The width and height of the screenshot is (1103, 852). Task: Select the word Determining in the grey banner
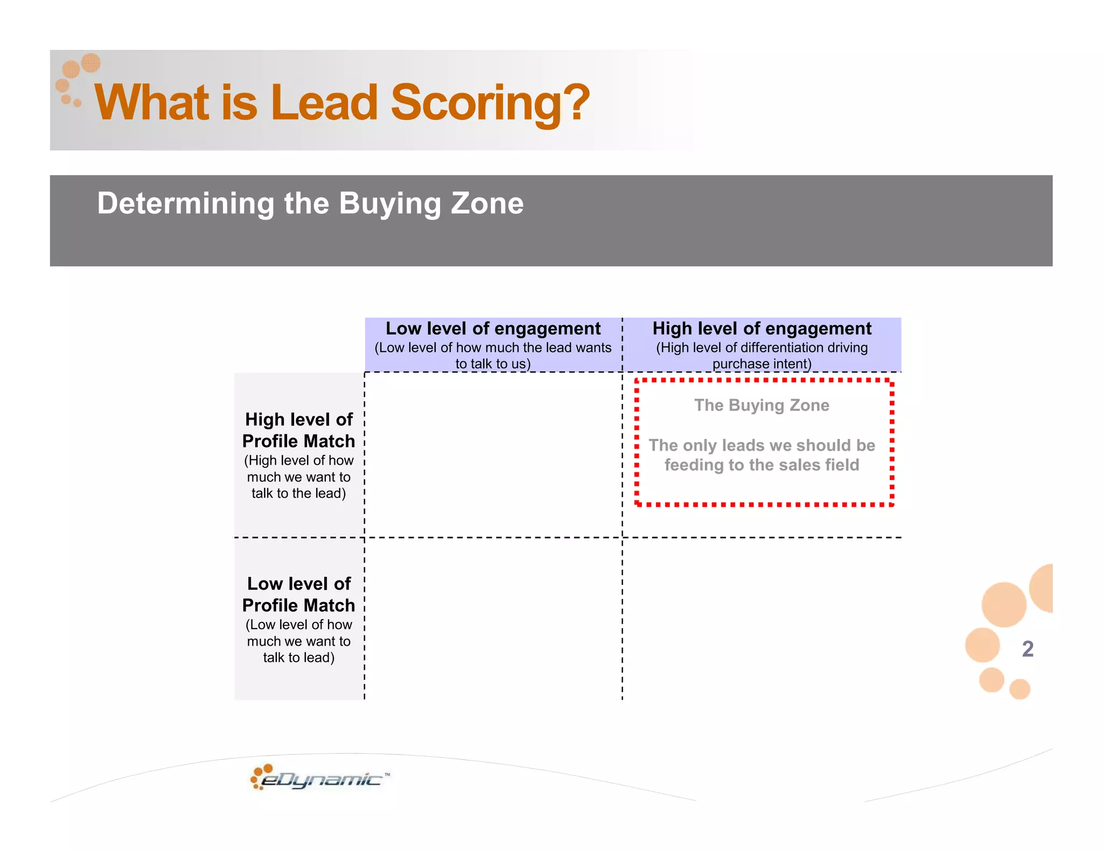pyautogui.click(x=186, y=204)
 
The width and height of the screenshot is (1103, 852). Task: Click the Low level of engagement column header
pyautogui.click(x=493, y=329)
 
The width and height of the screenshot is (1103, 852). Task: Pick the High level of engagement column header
pyautogui.click(x=762, y=329)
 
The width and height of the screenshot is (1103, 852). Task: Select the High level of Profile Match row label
pyautogui.click(x=299, y=430)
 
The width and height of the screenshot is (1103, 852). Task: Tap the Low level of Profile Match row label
pyautogui.click(x=299, y=595)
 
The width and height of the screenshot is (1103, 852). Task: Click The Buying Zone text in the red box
pyautogui.click(x=762, y=405)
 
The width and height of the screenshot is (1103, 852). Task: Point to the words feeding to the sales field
pyautogui.click(x=762, y=465)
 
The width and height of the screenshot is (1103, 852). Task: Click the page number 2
pyautogui.click(x=1028, y=649)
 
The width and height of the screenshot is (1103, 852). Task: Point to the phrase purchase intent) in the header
pyautogui.click(x=762, y=364)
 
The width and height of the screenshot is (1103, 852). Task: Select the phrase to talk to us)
pyautogui.click(x=493, y=364)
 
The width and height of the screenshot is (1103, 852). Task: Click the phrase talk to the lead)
pyautogui.click(x=299, y=493)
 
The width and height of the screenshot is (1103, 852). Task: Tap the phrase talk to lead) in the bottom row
pyautogui.click(x=299, y=658)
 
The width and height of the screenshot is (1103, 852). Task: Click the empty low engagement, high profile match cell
pyautogui.click(x=493, y=455)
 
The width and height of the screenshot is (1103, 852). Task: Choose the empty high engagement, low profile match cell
pyautogui.click(x=762, y=619)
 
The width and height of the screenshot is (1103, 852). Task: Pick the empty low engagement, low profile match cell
pyautogui.click(x=493, y=619)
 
